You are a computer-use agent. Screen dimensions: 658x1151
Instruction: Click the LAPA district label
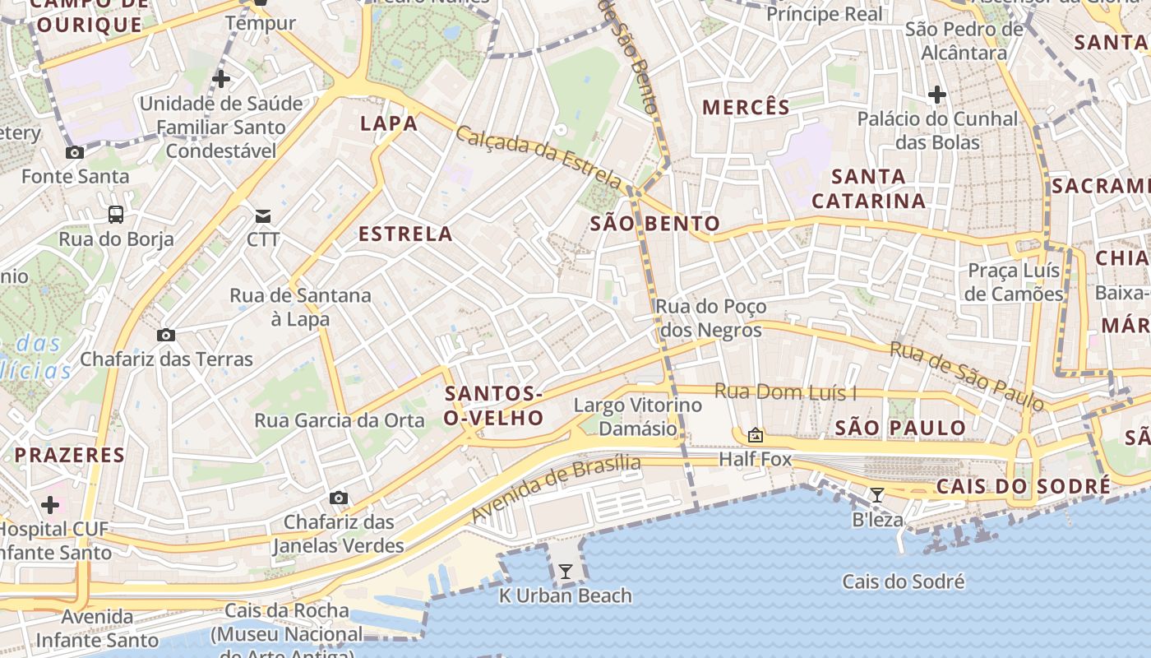tap(389, 124)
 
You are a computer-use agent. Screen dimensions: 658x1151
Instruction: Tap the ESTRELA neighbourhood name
tap(405, 234)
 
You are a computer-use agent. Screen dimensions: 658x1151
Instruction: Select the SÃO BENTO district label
tap(655, 224)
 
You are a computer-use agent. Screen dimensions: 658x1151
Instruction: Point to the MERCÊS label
tap(746, 108)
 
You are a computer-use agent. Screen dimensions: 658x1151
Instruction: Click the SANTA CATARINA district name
tap(868, 188)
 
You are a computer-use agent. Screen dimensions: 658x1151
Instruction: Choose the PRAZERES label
tap(70, 455)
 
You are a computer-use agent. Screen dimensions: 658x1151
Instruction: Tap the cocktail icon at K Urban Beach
tap(566, 571)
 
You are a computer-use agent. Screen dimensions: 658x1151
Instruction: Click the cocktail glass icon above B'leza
tap(877, 494)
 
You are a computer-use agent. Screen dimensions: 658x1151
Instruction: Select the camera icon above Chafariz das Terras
tap(166, 335)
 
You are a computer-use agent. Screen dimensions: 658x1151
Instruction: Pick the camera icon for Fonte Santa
tap(75, 152)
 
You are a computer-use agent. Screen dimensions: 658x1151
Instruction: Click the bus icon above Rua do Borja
tap(116, 215)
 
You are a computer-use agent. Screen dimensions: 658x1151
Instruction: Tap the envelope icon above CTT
tap(263, 216)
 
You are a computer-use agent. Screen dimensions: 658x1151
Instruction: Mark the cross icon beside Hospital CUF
tap(50, 504)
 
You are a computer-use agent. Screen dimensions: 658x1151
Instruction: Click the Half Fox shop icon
tap(756, 435)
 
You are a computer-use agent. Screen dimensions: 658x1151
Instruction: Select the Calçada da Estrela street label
tap(539, 156)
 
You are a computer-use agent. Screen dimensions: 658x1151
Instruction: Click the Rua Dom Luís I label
tap(785, 392)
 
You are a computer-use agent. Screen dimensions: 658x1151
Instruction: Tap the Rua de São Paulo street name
tap(967, 376)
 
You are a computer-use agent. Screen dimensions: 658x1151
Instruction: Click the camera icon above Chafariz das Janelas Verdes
tap(338, 498)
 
